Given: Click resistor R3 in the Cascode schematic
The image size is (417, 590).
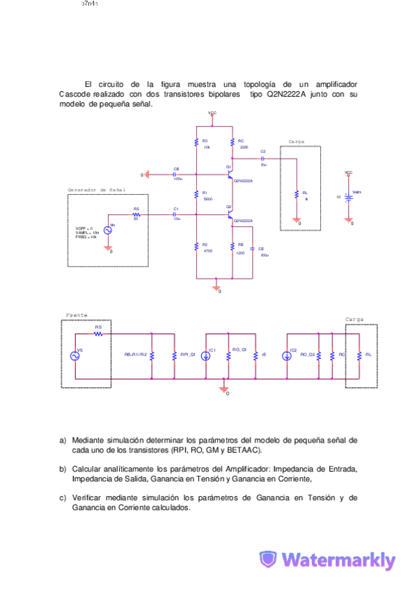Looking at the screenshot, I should [x=196, y=143].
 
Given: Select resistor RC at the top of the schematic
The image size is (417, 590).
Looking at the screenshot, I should [x=232, y=143].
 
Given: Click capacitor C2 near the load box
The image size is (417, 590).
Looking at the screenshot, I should [x=262, y=158].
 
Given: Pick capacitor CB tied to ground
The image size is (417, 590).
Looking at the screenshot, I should [x=175, y=175].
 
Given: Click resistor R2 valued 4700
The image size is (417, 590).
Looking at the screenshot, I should [x=196, y=247].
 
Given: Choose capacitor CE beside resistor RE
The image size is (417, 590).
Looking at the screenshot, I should [x=252, y=248].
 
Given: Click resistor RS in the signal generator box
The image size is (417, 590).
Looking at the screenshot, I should [x=136, y=215].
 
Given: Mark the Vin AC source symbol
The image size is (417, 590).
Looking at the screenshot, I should [x=109, y=230].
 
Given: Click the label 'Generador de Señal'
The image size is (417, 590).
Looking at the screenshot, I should [x=96, y=189].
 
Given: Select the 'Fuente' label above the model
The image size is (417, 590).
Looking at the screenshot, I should [x=77, y=315].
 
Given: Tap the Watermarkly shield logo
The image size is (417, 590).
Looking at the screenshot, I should [x=268, y=559].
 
